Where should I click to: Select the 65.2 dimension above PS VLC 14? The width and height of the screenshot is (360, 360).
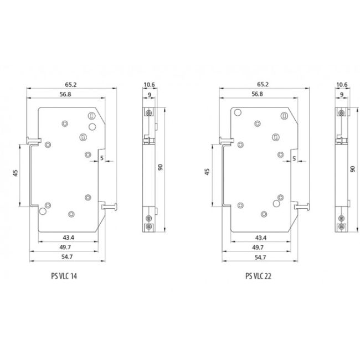[x=70, y=85]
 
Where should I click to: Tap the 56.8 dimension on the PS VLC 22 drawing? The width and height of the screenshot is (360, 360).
[x=257, y=95]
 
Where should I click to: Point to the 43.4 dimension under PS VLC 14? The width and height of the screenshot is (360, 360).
[x=69, y=238]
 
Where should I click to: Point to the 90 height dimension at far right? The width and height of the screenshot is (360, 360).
[x=351, y=168]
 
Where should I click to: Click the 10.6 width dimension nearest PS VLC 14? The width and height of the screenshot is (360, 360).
[x=149, y=85]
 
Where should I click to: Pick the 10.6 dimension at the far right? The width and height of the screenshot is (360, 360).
[x=342, y=85]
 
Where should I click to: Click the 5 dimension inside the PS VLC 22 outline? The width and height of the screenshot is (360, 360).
[x=293, y=158]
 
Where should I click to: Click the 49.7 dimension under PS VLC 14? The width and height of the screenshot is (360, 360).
[x=69, y=247]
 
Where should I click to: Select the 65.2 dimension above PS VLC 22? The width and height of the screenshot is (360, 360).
[x=263, y=85]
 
